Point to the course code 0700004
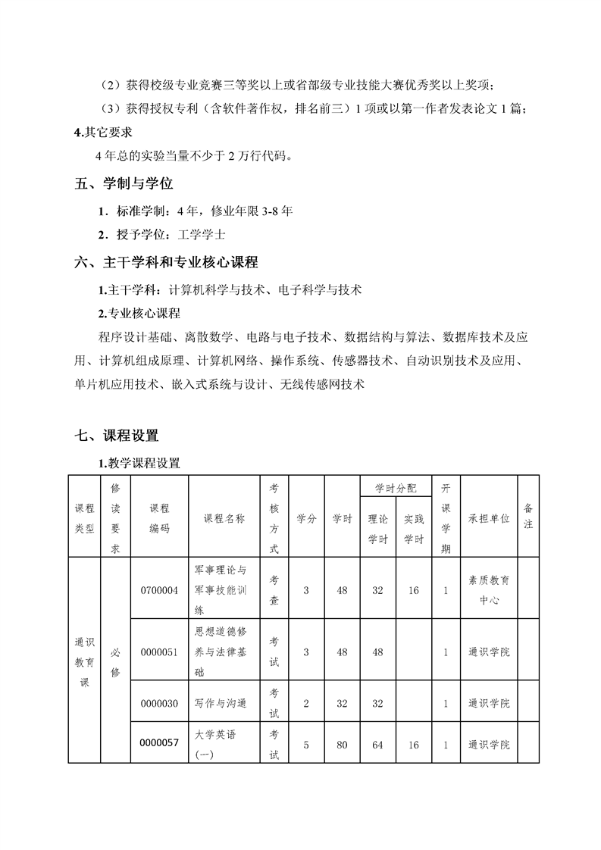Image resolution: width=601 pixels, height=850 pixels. click(159, 590)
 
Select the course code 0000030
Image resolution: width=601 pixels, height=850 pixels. click(159, 704)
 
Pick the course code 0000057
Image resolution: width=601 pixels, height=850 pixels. click(159, 743)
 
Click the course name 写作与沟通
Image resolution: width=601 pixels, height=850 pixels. click(221, 704)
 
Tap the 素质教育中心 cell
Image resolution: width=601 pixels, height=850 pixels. click(489, 589)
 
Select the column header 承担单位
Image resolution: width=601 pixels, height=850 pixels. click(489, 519)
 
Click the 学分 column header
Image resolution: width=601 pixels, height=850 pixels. click(306, 519)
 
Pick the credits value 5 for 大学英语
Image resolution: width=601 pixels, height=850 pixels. click(306, 745)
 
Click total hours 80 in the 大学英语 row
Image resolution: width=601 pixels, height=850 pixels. click(342, 745)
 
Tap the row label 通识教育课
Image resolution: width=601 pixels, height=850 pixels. click(84, 661)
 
